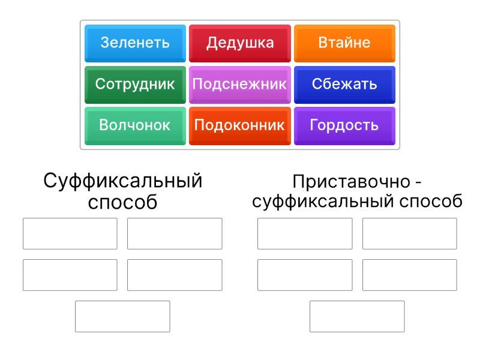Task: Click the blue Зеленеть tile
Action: [135, 43]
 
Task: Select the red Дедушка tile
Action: [239, 43]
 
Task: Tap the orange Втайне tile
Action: [344, 43]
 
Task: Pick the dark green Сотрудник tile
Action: [135, 85]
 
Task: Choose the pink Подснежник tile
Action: [239, 85]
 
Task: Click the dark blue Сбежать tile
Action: [344, 85]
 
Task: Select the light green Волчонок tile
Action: [135, 126]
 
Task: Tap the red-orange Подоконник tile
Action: [239, 126]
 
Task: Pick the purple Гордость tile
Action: [344, 126]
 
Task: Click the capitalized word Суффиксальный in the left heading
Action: [123, 181]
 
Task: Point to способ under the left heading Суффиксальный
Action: [123, 202]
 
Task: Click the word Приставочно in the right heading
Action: [351, 182]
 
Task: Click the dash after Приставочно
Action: [418, 183]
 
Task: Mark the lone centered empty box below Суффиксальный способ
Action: [122, 316]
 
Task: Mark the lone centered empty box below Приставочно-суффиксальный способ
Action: [357, 316]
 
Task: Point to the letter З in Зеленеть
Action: [105, 43]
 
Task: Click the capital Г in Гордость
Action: [313, 125]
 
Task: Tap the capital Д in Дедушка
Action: [211, 43]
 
